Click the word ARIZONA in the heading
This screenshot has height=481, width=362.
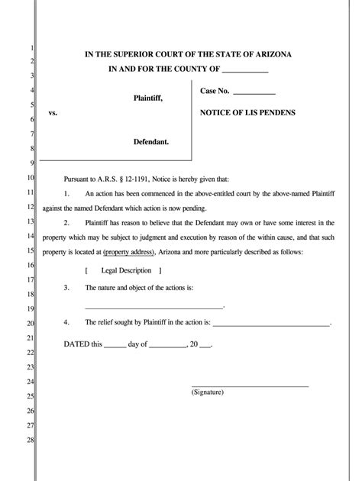[270, 54]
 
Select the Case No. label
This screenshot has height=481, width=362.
[215, 92]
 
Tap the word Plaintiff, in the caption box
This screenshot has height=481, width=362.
[147, 98]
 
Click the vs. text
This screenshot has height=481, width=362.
[53, 113]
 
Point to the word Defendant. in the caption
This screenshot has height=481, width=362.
[151, 142]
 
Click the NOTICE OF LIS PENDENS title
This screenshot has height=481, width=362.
[247, 112]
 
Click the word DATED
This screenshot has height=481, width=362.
[76, 344]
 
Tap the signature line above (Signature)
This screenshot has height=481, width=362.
[249, 386]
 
